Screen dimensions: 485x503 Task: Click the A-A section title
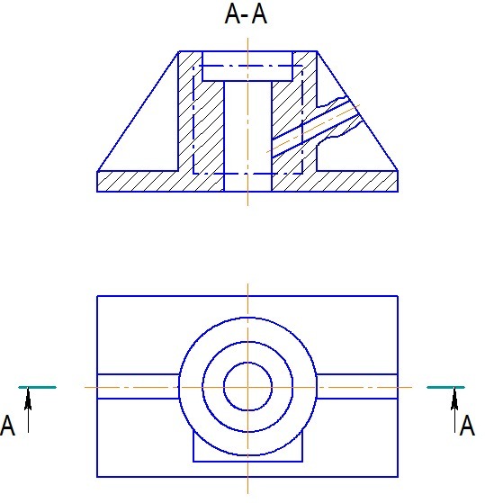246,14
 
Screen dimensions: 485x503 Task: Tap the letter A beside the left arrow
8,426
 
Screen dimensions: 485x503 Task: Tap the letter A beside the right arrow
467,425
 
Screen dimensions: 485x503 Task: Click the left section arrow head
28,399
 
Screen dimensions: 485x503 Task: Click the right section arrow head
454,399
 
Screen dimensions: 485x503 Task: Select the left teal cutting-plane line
38,388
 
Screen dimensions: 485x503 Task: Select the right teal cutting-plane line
445,388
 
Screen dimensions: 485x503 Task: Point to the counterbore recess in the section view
247,66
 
